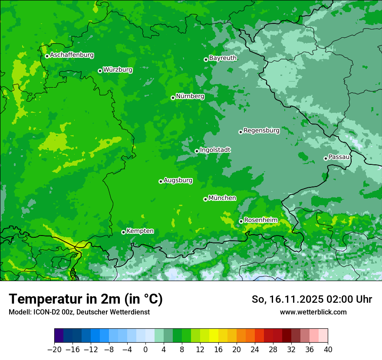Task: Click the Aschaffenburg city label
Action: coord(72,55)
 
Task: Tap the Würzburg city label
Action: coord(118,70)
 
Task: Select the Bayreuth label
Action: coord(223,58)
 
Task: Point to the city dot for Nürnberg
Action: coord(173,98)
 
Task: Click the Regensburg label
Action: coord(261,131)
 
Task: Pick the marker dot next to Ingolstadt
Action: coord(197,151)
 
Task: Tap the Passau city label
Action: coord(339,157)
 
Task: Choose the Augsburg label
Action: coord(178,180)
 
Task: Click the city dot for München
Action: coord(205,199)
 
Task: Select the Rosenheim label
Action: coord(260,220)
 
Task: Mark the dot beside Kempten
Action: coord(123,232)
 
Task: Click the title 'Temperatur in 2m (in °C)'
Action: coord(86,299)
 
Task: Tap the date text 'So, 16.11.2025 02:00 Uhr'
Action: coord(312,299)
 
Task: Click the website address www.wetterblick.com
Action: coord(313,312)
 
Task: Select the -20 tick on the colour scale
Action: coord(54,350)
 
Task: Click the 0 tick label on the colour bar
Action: coord(145,350)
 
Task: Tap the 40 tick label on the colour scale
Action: coord(328,350)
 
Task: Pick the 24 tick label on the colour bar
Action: coord(255,350)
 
